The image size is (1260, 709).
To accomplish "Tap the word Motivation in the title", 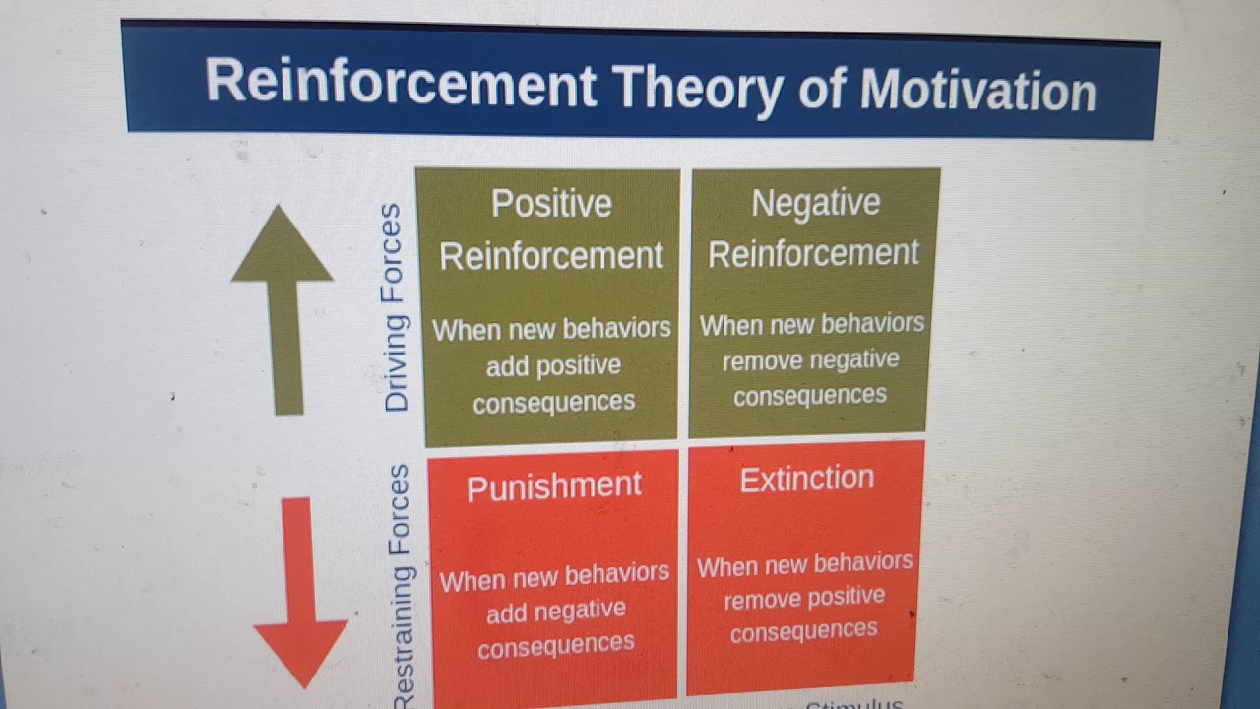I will (977, 92).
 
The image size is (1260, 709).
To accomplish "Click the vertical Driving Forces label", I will (394, 307).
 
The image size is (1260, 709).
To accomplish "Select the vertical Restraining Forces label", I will (401, 586).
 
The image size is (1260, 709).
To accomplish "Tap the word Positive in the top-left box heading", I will (551, 204).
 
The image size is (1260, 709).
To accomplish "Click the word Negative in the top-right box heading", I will (816, 203).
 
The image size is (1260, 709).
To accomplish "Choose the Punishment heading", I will (554, 486).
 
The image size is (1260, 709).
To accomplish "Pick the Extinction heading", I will (807, 479).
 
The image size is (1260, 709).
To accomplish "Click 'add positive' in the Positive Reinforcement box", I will (553, 365).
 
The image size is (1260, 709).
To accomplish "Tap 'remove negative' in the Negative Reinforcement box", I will (811, 360).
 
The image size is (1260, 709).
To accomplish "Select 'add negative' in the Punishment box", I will (555, 611).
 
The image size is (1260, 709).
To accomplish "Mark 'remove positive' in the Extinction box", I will (805, 598).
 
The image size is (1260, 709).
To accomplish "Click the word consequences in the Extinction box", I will (804, 631).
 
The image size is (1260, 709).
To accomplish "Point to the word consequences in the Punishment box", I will (556, 645).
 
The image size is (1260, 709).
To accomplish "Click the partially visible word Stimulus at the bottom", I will (853, 704).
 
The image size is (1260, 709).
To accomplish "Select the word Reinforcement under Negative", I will (813, 253).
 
